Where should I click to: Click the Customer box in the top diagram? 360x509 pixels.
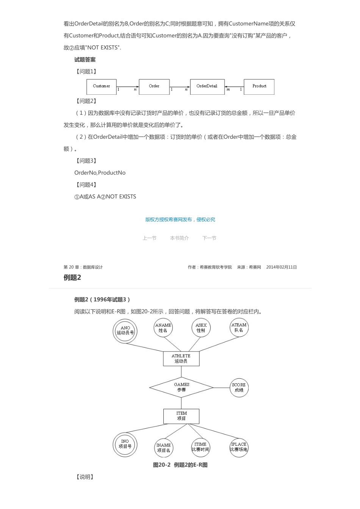102,86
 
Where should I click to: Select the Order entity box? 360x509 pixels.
154,86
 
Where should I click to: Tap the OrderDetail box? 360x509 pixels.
207,86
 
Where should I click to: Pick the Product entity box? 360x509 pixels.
259,86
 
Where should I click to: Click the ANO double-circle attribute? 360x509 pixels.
125,331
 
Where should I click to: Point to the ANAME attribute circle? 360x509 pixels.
163,328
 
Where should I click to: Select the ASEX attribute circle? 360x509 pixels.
201,328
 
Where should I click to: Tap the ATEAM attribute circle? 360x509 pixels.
239,328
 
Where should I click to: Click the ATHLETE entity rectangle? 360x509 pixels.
181,359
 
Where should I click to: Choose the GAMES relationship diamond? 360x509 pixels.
182,387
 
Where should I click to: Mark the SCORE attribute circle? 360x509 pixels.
239,387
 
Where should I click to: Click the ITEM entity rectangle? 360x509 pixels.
181,416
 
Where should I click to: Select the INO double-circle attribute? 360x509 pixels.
125,444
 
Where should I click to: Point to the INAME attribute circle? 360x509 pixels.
163,448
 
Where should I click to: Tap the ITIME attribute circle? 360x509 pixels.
200,447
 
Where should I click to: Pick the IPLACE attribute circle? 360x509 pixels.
239,447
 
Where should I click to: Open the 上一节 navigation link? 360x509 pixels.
149,238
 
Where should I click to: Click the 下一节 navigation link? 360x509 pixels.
209,238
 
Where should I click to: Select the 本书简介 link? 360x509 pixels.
179,238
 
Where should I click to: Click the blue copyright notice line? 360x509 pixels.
180,220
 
